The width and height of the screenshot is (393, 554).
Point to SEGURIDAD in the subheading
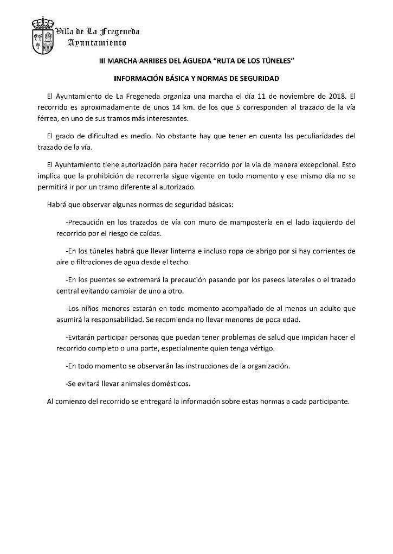point(257,79)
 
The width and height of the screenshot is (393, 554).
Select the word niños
point(93,308)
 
